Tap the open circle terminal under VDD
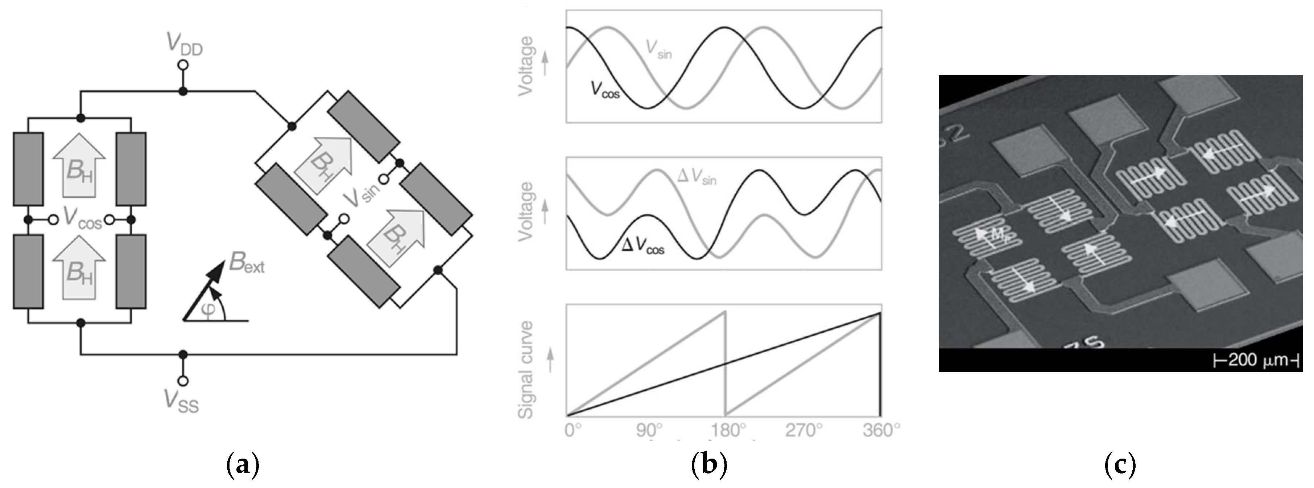tap(183, 65)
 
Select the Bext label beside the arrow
tap(247, 263)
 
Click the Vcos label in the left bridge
tap(82, 218)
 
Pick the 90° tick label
tap(649, 431)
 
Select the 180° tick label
tap(727, 431)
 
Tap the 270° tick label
tap(804, 431)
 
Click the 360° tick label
tap(881, 431)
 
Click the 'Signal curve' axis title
tap(525, 370)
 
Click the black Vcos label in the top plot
tap(605, 90)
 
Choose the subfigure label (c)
tap(1120, 466)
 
